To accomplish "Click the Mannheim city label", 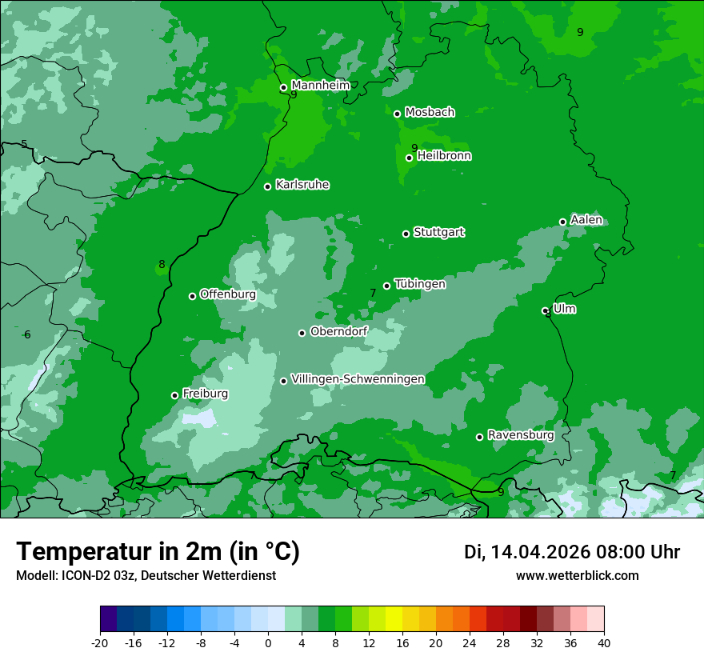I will click(x=321, y=85).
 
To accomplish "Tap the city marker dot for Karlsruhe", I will click(x=268, y=186).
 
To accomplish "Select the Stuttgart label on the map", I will click(x=438, y=232).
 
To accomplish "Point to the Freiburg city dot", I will click(x=174, y=395).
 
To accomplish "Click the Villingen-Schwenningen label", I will click(x=358, y=379).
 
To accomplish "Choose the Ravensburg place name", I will click(x=521, y=435).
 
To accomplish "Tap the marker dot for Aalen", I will click(x=562, y=222).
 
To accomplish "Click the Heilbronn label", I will click(x=444, y=156).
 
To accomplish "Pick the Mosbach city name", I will click(x=430, y=113).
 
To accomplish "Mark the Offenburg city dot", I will click(x=192, y=296).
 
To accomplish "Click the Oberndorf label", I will click(x=338, y=331).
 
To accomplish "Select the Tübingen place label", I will click(x=420, y=284).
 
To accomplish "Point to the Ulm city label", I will click(x=565, y=309).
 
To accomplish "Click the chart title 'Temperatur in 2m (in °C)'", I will click(x=158, y=552).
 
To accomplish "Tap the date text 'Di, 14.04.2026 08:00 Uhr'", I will click(x=572, y=552).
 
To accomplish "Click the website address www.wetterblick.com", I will click(x=577, y=576).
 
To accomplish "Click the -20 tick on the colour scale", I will click(x=100, y=643).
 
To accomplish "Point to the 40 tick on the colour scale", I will click(x=603, y=643).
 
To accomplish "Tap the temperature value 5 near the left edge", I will click(x=24, y=145).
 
